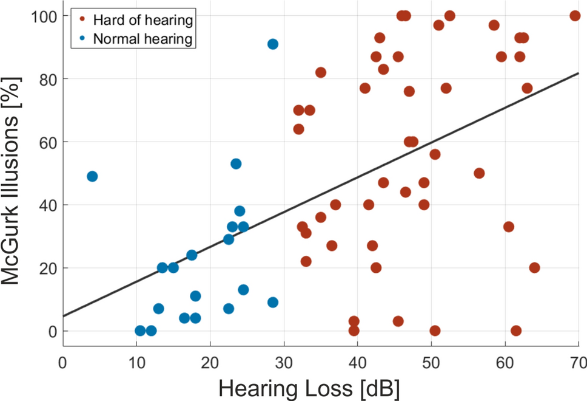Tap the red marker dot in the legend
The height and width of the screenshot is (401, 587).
(x=82, y=21)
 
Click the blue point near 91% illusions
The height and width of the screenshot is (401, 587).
(x=273, y=44)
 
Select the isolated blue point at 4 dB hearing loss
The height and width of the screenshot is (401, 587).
(x=92, y=176)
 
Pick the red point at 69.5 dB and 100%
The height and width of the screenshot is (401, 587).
(x=575, y=16)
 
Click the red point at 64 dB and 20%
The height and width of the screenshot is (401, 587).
(x=534, y=268)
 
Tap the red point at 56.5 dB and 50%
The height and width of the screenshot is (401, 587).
(x=479, y=173)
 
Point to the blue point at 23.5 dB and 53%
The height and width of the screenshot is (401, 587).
(x=236, y=164)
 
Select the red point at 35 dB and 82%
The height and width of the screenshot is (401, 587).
(x=321, y=72)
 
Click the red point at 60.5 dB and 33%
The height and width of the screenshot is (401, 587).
(x=509, y=227)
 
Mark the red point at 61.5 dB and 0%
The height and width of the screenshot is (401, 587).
(x=516, y=331)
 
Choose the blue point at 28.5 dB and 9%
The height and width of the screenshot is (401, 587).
(x=273, y=303)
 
